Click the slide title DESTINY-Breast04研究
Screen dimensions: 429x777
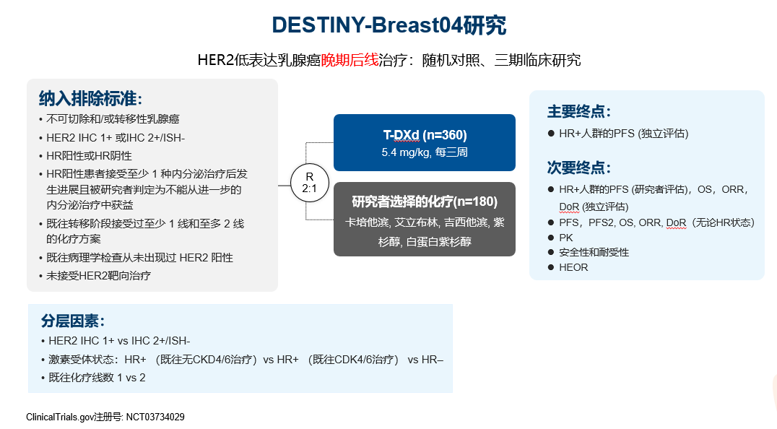[x=388, y=25]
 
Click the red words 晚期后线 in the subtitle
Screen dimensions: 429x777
[x=350, y=60]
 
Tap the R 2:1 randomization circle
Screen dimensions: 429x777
[x=309, y=182]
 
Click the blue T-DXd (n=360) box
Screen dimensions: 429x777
[x=425, y=142]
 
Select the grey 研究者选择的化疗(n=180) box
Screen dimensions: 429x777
[x=425, y=219]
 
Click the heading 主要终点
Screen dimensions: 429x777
[x=579, y=112]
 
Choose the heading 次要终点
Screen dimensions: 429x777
[x=579, y=168]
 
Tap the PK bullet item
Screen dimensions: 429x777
[x=565, y=238]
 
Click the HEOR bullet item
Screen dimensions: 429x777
[x=573, y=267]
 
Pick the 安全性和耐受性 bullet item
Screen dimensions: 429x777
[x=594, y=252]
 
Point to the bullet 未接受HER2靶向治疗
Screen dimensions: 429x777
[x=98, y=275]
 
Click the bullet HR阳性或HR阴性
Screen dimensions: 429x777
[x=89, y=155]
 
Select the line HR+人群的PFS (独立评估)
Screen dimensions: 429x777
[x=623, y=134]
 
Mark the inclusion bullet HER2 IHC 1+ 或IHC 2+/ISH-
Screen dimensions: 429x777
[x=116, y=137]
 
